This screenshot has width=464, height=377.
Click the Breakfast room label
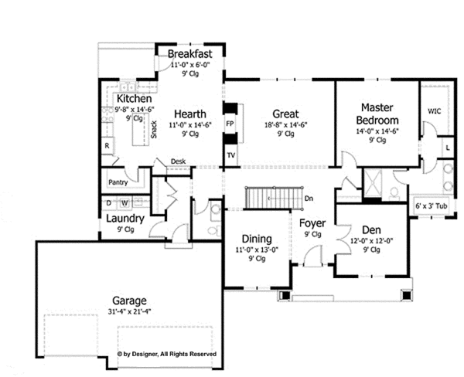click(x=189, y=54)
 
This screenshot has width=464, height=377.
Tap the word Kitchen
click(x=134, y=100)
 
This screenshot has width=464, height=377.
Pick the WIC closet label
click(x=434, y=111)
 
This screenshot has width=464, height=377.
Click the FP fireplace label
click(x=230, y=123)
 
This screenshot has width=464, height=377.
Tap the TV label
click(x=230, y=155)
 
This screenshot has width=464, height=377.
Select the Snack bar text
click(x=154, y=129)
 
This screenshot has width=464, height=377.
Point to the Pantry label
click(x=118, y=183)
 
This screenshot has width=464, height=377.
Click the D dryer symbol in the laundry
click(x=109, y=202)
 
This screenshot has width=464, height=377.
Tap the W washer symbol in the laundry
click(x=124, y=202)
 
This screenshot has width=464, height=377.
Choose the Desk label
click(x=178, y=161)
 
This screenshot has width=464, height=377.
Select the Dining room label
click(x=256, y=239)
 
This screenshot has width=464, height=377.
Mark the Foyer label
click(x=312, y=224)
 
